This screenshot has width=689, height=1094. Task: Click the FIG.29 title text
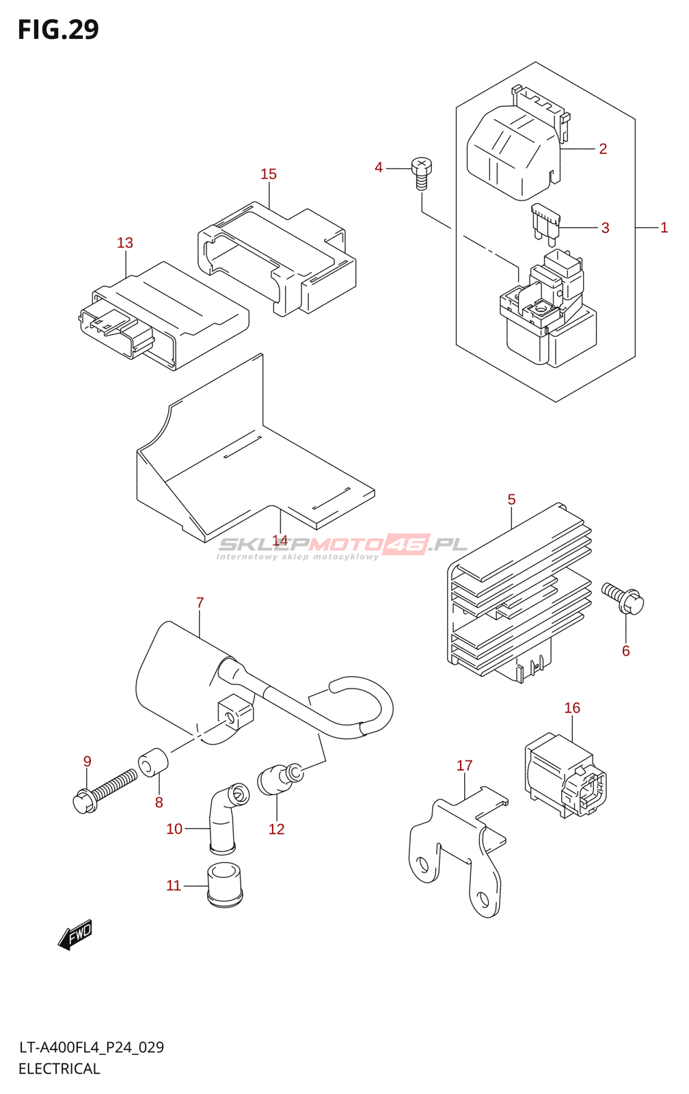58,30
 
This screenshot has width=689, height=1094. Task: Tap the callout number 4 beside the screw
379,168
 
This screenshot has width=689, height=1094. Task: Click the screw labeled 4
422,172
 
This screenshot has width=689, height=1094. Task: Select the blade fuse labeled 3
546,224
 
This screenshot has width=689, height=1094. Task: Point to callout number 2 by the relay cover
603,149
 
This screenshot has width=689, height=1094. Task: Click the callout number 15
269,174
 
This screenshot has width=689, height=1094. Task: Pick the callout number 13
125,243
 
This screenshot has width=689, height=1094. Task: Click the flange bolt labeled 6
624,598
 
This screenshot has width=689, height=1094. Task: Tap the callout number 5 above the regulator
511,500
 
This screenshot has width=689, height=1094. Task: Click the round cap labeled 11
225,885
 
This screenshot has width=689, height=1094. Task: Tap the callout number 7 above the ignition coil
200,602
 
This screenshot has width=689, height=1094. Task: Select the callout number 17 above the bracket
464,766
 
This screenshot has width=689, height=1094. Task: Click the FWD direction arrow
75,934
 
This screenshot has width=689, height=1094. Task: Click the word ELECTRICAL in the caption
59,1069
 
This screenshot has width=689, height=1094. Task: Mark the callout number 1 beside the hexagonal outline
664,228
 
